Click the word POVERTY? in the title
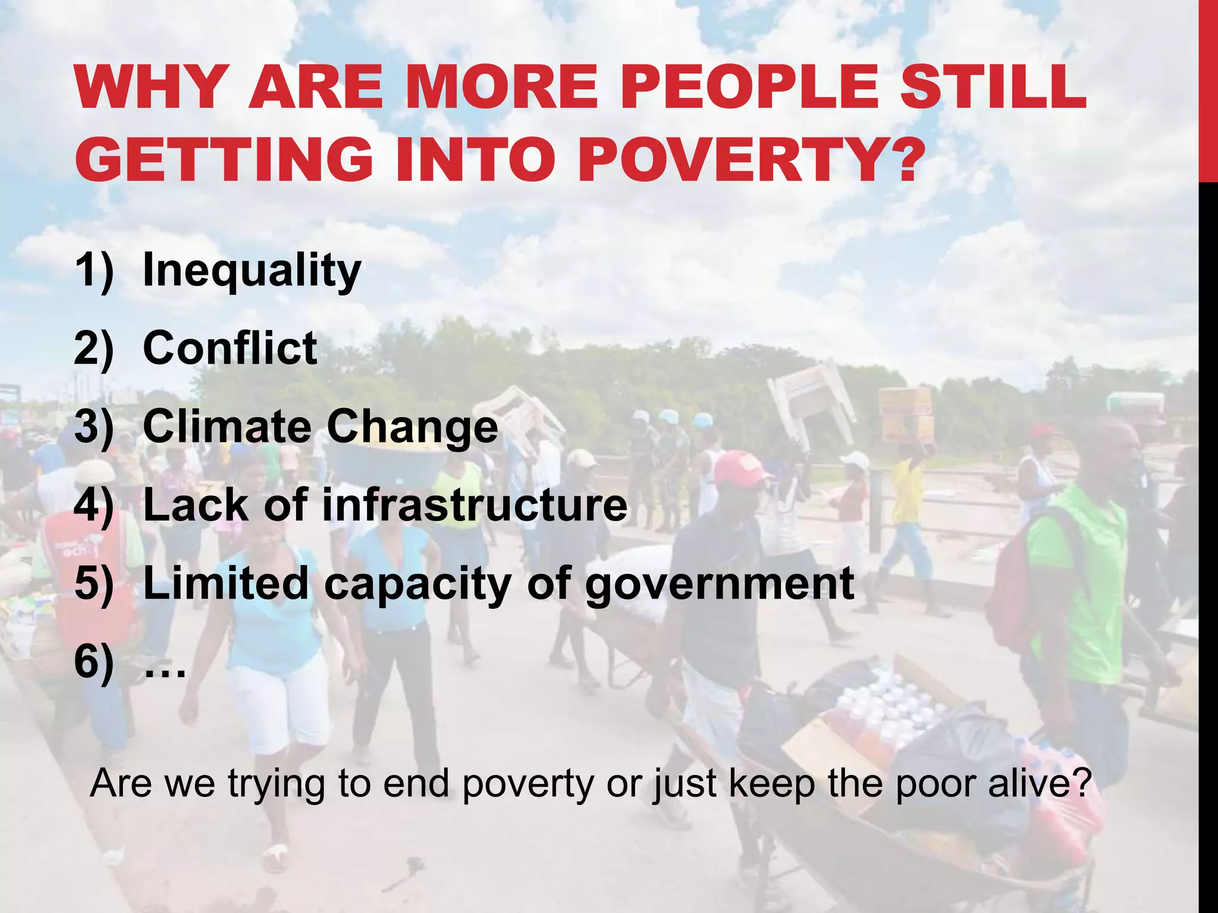pyautogui.click(x=747, y=159)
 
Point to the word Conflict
pyautogui.click(x=230, y=348)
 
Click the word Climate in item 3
pyautogui.click(x=227, y=426)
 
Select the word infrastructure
pyautogui.click(x=474, y=505)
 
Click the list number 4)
pyautogui.click(x=93, y=505)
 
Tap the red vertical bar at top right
pyautogui.click(x=1208, y=89)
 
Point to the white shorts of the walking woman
pyautogui.click(x=280, y=701)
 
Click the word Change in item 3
pyautogui.click(x=412, y=426)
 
